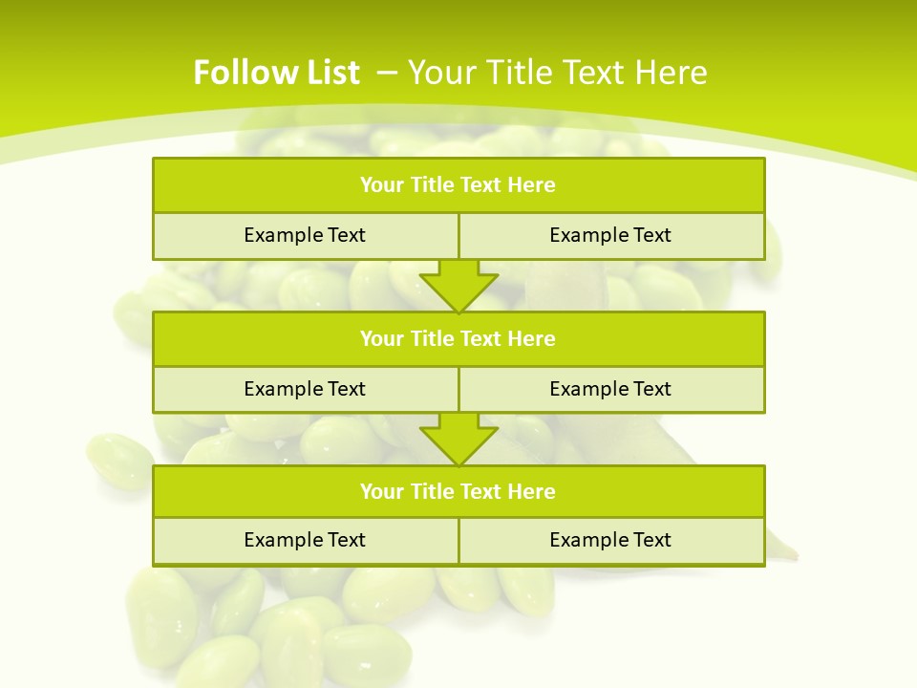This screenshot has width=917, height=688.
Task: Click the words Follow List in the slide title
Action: (x=276, y=73)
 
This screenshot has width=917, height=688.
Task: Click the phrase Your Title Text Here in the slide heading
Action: (x=558, y=73)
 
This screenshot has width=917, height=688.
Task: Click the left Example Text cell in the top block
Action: (x=305, y=235)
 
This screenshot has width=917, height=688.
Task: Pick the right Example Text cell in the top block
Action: (x=610, y=235)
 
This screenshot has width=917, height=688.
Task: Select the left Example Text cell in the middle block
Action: (x=305, y=389)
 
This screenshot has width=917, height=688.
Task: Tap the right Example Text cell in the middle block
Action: (x=610, y=389)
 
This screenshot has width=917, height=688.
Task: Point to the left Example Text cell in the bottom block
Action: (x=305, y=540)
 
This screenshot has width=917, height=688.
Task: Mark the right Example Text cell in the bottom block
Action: (x=610, y=540)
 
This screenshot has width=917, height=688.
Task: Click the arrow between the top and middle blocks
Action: (x=458, y=285)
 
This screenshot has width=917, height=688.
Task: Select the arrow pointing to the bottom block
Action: (x=458, y=438)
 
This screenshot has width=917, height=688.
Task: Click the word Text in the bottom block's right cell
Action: (x=652, y=540)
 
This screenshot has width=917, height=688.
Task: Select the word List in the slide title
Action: (x=331, y=73)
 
